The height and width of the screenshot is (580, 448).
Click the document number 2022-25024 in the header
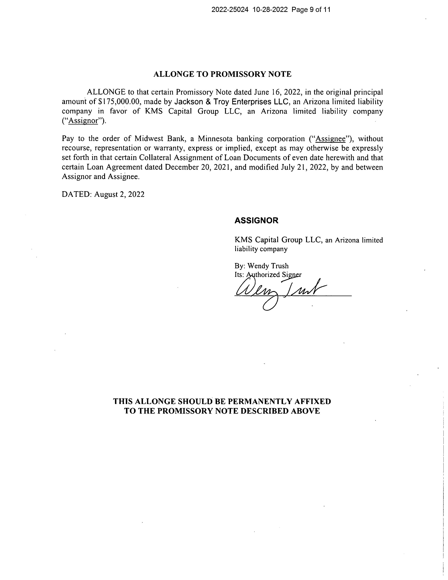[x=230, y=10]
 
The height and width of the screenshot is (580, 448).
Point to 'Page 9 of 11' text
[x=311, y=10]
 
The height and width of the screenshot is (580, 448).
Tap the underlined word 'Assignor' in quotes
[x=83, y=121]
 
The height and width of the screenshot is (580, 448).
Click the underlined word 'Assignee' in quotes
[x=330, y=139]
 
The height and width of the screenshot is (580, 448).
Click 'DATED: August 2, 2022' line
[x=103, y=194]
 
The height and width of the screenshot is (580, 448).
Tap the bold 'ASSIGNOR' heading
[x=256, y=220]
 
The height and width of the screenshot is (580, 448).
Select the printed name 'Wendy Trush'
[x=268, y=266]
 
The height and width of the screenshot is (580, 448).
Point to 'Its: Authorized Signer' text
[x=268, y=275]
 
